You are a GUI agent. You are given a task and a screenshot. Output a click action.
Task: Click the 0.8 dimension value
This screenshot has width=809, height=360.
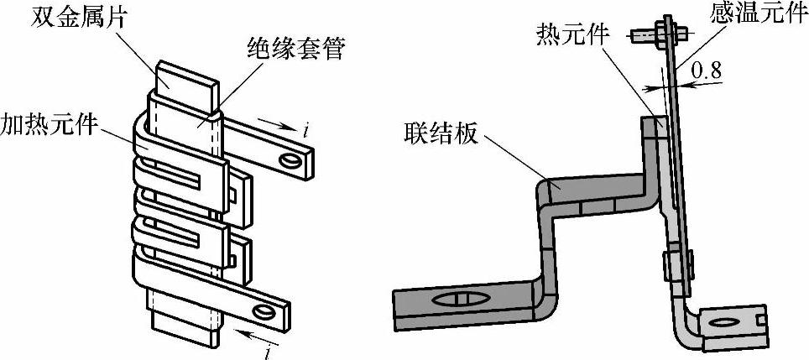pos(705,73)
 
